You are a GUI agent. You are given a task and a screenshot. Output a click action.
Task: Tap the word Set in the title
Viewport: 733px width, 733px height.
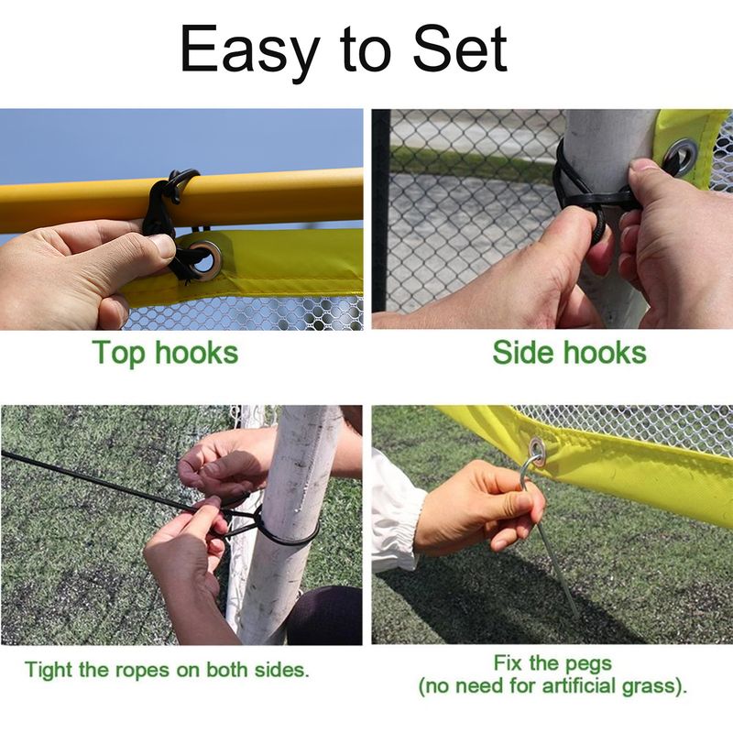pos(460,49)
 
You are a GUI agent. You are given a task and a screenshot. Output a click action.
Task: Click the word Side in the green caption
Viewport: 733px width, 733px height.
pos(524,352)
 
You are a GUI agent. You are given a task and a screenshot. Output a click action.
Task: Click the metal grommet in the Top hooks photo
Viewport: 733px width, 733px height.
pos(204,260)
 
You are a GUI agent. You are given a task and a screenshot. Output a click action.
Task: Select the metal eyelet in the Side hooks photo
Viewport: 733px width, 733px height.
pos(682,156)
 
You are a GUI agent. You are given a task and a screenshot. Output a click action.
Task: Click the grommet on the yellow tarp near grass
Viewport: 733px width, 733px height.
pos(537,451)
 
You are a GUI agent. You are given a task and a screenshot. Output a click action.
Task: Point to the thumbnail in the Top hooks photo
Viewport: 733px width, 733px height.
pos(162,246)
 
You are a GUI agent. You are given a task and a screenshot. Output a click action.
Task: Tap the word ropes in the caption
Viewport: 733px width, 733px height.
pos(142,671)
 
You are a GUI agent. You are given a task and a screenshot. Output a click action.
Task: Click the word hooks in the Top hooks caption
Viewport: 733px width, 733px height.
pos(196,353)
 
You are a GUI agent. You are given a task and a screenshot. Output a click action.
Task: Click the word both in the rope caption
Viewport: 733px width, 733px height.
pos(228,670)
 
